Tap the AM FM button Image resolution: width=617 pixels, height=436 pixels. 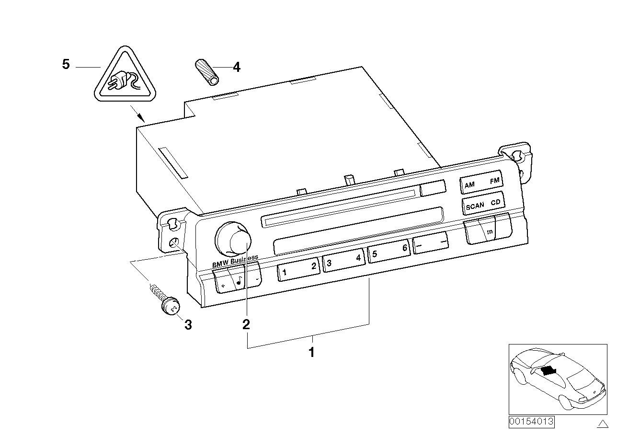481,183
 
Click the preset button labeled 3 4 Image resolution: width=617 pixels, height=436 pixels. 344,261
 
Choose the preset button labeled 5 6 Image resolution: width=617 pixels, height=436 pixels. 389,252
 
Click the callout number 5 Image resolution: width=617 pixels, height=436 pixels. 66,64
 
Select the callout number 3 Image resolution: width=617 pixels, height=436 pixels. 188,325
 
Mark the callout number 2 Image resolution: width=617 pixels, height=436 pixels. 246,325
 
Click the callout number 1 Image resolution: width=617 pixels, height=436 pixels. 311,353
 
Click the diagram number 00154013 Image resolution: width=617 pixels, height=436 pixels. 531,422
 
